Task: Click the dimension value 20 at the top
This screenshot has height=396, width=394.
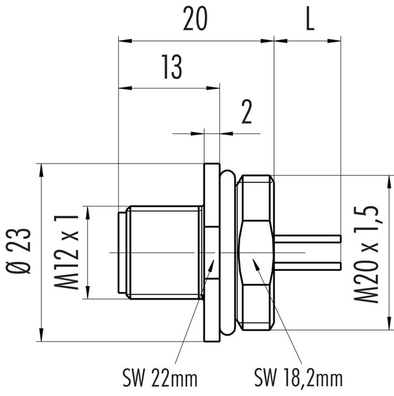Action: coord(195,21)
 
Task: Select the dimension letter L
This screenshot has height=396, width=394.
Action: coord(309,21)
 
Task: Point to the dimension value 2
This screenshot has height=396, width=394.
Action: coord(246,113)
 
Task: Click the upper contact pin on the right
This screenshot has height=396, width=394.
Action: coord(310,238)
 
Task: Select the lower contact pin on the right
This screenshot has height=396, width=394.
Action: coord(310,265)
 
